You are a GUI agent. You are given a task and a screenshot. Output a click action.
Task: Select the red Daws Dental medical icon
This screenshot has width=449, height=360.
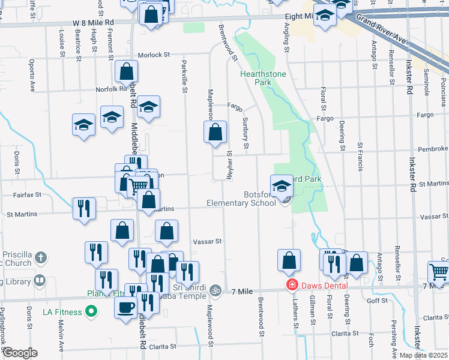point(292,285)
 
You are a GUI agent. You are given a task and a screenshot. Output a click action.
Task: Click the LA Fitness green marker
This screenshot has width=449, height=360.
point(91,311)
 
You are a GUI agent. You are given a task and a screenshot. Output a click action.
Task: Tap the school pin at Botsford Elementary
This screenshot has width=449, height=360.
point(282,186)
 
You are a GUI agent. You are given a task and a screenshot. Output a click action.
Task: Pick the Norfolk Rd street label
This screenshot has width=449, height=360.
point(109,90)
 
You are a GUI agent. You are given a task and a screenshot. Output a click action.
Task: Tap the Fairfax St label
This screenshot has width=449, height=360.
point(29,194)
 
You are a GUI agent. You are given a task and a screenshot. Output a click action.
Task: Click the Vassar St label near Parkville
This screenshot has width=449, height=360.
point(208,241)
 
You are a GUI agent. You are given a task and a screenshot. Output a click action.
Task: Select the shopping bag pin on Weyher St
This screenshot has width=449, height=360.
point(215,132)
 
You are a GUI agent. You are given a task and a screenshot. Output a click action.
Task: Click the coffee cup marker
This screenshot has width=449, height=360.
point(126,308)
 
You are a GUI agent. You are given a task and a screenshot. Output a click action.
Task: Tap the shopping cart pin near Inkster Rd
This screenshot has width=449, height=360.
point(439,272)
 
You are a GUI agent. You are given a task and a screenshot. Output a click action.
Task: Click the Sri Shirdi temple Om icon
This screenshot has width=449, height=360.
point(215,291)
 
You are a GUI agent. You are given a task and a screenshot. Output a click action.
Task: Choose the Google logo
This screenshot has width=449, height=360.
point(20,353)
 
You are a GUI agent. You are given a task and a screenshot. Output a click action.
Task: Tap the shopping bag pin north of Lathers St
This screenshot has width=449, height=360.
point(289,260)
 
